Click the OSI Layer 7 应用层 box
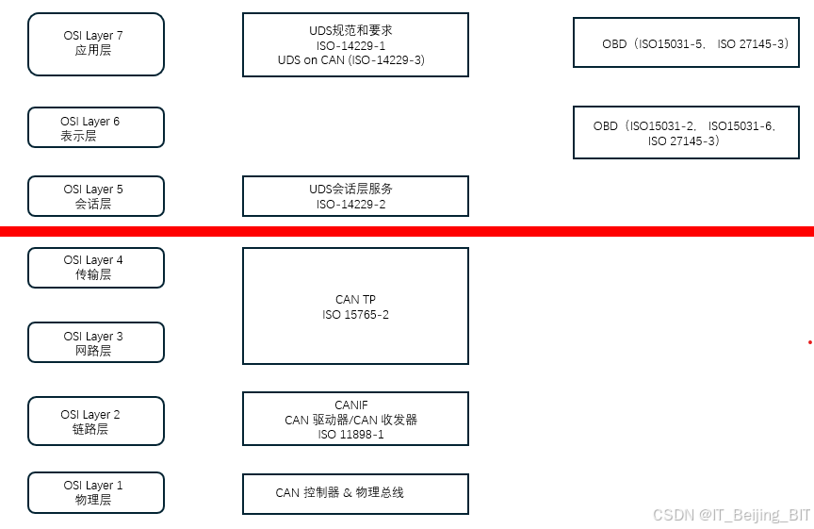[96, 43]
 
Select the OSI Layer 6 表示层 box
[96, 127]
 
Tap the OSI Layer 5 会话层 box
[96, 196]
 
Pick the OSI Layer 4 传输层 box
[96, 268]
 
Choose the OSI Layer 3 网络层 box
[96, 342]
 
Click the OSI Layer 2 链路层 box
[96, 421]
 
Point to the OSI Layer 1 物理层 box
[96, 492]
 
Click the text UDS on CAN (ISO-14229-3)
[351, 59]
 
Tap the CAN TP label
[355, 300]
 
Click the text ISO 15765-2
[355, 315]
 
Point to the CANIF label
[351, 405]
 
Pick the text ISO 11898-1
[351, 435]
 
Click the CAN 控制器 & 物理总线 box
[355, 493]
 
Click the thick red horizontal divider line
[407, 231]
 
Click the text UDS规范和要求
[351, 31]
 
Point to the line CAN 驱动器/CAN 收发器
[351, 420]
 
